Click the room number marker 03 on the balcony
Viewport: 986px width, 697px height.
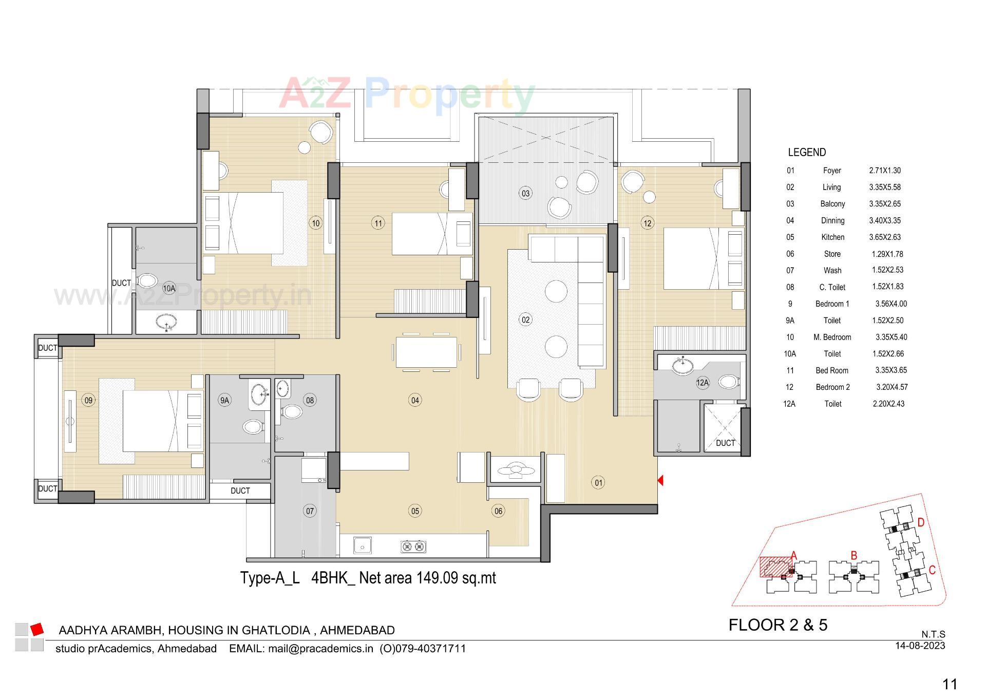click(x=525, y=194)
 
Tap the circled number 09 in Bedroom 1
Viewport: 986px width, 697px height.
click(x=89, y=400)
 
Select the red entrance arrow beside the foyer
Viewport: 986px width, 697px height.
click(x=660, y=480)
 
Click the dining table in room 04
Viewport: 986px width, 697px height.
click(x=426, y=352)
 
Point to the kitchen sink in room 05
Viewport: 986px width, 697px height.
click(x=363, y=545)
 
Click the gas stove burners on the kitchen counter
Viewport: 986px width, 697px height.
click(x=413, y=547)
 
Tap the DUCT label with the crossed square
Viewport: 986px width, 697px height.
click(x=725, y=443)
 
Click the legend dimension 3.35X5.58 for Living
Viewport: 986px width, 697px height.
click(x=885, y=187)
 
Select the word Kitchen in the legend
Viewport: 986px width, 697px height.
click(x=832, y=237)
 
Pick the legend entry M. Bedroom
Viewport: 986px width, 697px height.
click(x=832, y=337)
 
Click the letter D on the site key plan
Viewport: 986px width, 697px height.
click(x=921, y=522)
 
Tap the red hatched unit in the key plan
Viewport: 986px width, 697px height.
click(x=775, y=566)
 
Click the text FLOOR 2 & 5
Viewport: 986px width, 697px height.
click(x=778, y=625)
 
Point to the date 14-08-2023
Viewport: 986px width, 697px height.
click(x=920, y=646)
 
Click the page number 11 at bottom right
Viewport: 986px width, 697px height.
click(x=950, y=684)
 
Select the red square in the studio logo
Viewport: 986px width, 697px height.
click(x=36, y=629)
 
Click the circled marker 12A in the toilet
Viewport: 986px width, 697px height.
click(x=702, y=382)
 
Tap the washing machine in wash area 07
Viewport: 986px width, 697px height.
click(x=313, y=470)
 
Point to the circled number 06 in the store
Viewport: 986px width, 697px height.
click(x=498, y=511)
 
